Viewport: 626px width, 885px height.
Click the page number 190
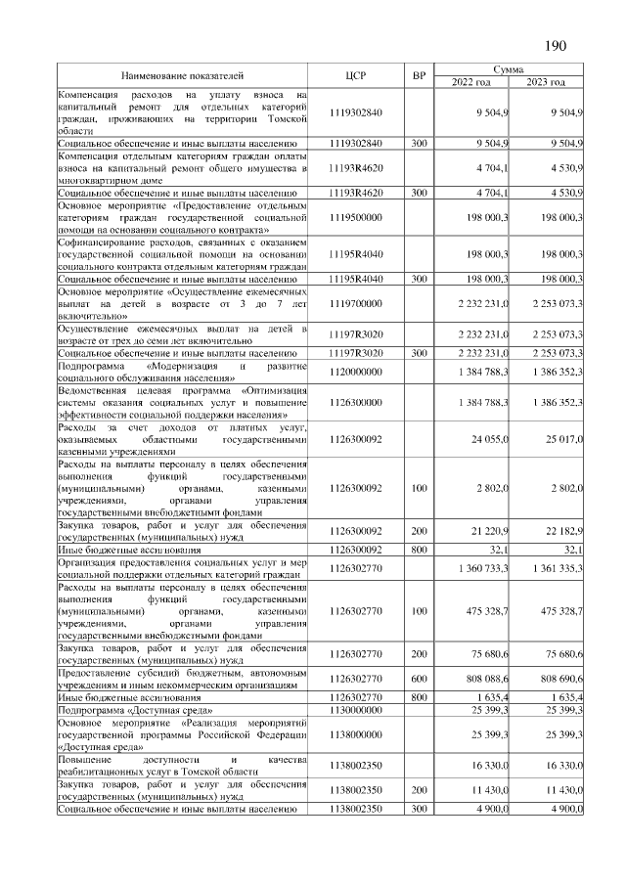tap(556, 45)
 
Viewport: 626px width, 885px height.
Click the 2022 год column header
tap(470, 82)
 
